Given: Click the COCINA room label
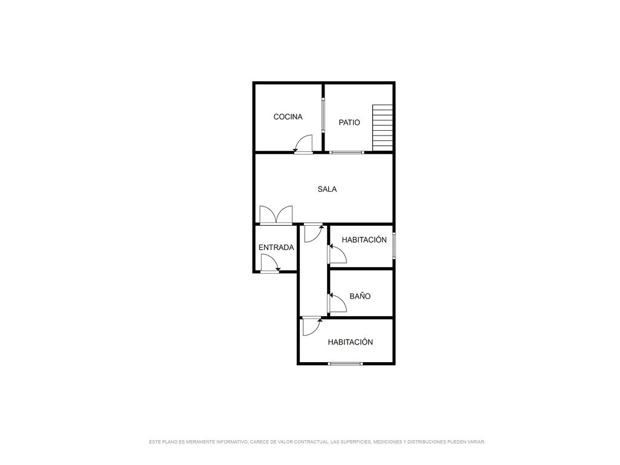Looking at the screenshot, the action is [x=288, y=117].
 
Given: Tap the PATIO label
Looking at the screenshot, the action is [x=349, y=122].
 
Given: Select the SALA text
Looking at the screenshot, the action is [x=327, y=190].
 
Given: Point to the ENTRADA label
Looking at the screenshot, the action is [x=276, y=248].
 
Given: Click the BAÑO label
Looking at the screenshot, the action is [x=360, y=296].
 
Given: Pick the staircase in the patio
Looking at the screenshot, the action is [x=383, y=128].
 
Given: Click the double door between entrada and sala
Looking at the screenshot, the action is [x=276, y=216].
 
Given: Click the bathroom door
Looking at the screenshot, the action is [x=337, y=303].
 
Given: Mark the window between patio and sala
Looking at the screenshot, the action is [x=347, y=152].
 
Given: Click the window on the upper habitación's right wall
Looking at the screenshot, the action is [x=394, y=246].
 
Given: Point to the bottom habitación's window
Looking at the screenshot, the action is [x=346, y=363].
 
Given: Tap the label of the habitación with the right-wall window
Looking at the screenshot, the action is [x=364, y=240].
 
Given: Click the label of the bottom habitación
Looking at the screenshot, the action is [x=350, y=342].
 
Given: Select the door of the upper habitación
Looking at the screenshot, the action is [x=337, y=254].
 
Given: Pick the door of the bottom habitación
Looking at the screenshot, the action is [x=312, y=326].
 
